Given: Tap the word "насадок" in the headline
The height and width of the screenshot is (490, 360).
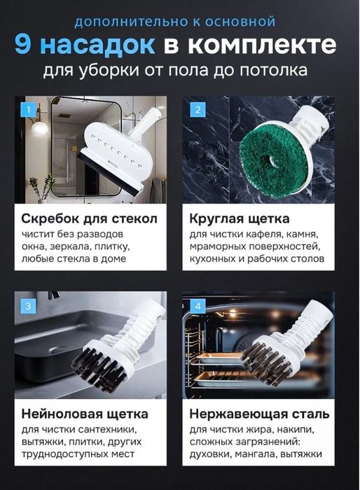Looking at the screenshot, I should tap(95, 45).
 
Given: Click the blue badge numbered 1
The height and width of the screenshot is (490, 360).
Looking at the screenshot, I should tap(28, 110).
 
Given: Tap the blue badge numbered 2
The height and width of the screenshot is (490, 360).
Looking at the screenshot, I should tap(198, 110).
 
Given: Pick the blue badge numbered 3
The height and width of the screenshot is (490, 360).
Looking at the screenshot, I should tap(28, 306).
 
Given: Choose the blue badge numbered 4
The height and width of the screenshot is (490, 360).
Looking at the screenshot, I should tap(198, 306).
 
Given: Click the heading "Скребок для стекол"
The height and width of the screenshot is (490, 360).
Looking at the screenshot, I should tap(90, 218).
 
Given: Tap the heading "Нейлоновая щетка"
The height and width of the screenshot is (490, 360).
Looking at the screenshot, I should tap(84, 413).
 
